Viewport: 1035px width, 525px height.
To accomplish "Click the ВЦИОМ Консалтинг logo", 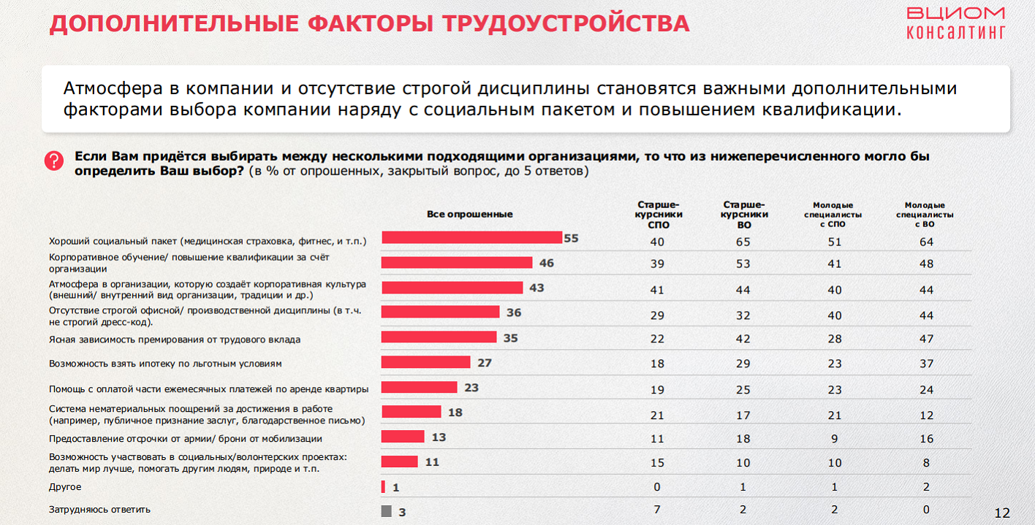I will pos(955,23).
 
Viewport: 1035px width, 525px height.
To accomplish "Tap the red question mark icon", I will pos(54,161).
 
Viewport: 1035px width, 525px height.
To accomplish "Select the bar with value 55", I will pos(471,238).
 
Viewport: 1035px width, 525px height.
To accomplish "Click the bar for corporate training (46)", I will pos(457,263).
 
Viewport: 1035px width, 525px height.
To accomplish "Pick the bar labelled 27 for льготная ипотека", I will pos(425,362).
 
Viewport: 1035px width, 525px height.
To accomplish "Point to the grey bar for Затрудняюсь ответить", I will pos(386,511).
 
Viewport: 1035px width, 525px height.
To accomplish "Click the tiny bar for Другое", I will pos(383,487).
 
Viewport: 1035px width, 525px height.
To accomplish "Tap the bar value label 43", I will pos(537,288).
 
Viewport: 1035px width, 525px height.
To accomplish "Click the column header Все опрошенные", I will pos(469,214).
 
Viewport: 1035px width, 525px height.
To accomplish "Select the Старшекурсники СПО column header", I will pos(659,215).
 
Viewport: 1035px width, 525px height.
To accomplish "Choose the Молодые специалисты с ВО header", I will pos(925,215).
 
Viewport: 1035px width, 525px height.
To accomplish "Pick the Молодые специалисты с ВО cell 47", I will pos(926,339).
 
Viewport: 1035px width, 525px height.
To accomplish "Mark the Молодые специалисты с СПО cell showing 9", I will pos(834,439).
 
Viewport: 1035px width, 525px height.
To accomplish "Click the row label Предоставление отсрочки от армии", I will pos(186,439).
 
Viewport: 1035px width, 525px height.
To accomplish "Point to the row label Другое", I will pos(65,486).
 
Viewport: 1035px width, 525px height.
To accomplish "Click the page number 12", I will pos(1001,512).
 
